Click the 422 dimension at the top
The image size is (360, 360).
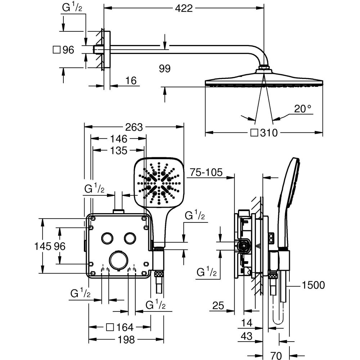pos(184,8)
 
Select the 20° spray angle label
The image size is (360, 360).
pos(302,109)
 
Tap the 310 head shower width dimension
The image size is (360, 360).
pos(268,133)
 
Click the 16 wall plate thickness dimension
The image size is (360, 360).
pos(131,81)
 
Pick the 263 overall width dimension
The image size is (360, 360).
pos(134,127)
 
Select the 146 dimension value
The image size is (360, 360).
pos(119,139)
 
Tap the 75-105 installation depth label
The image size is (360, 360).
pos(206,172)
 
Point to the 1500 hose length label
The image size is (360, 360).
pos(313,285)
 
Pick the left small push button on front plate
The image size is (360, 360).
pos(107,238)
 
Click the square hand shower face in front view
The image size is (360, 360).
pos(159,182)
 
